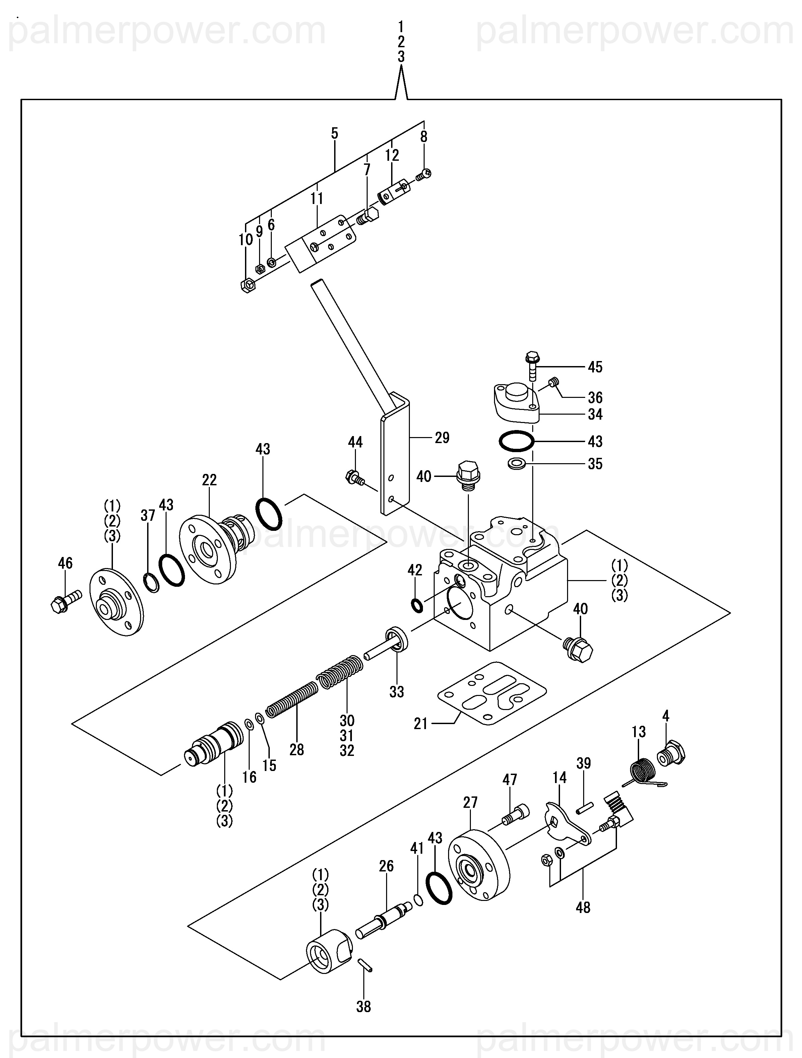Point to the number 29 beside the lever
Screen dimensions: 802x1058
pos(442,438)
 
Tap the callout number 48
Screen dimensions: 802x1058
pos(583,907)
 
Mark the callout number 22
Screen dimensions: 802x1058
pos(209,480)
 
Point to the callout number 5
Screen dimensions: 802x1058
pos(334,133)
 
